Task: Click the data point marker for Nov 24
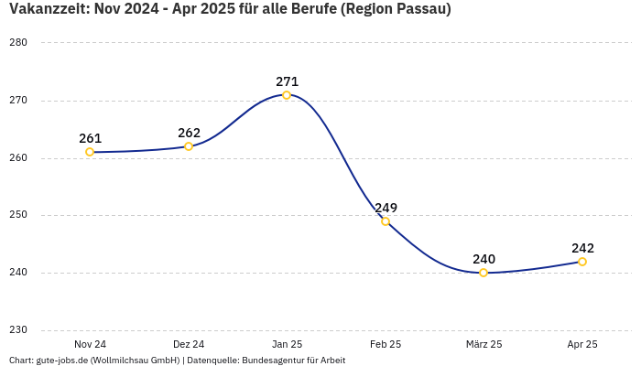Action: coord(90,152)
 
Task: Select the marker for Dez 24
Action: coord(189,146)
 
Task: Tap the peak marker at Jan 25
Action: coord(287,95)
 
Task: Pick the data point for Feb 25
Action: coord(386,221)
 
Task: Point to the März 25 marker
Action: coord(483,273)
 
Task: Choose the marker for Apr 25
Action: coord(582,262)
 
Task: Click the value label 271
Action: coord(287,81)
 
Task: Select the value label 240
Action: coord(483,259)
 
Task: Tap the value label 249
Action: coord(386,208)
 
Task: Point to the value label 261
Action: coord(90,138)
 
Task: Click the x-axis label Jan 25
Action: coord(287,344)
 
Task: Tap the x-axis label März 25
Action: coord(483,344)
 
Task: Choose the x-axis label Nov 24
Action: coord(90,344)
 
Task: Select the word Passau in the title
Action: coord(420,9)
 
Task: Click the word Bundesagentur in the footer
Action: coord(274,360)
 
